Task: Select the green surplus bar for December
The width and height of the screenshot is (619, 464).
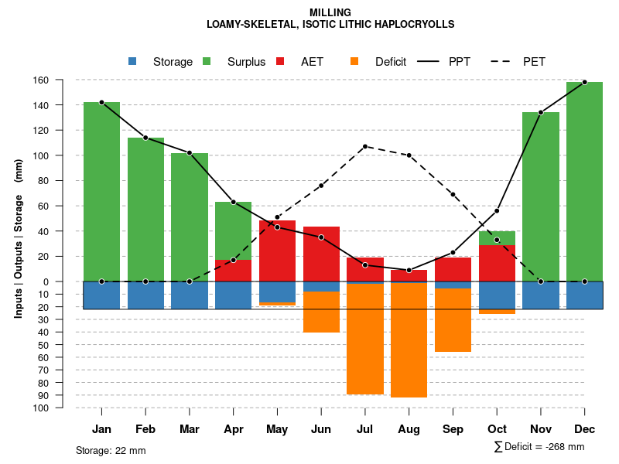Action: (x=584, y=182)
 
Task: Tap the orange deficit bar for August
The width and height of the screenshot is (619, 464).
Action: (x=409, y=340)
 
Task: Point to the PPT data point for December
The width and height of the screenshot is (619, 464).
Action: (x=584, y=82)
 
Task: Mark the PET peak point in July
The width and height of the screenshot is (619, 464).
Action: (x=365, y=146)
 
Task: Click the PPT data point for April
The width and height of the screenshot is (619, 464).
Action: (x=233, y=202)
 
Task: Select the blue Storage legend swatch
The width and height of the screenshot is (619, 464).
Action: (x=132, y=61)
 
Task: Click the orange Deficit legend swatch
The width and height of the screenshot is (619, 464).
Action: (x=354, y=61)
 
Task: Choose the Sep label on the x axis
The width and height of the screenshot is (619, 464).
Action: (x=453, y=429)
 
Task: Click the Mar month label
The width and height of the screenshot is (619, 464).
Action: (x=189, y=429)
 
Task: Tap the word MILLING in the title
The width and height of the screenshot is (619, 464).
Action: (x=330, y=12)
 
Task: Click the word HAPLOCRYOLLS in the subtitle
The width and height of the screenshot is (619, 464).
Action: (x=413, y=24)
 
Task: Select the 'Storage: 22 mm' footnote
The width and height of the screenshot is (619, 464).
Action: (x=111, y=450)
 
